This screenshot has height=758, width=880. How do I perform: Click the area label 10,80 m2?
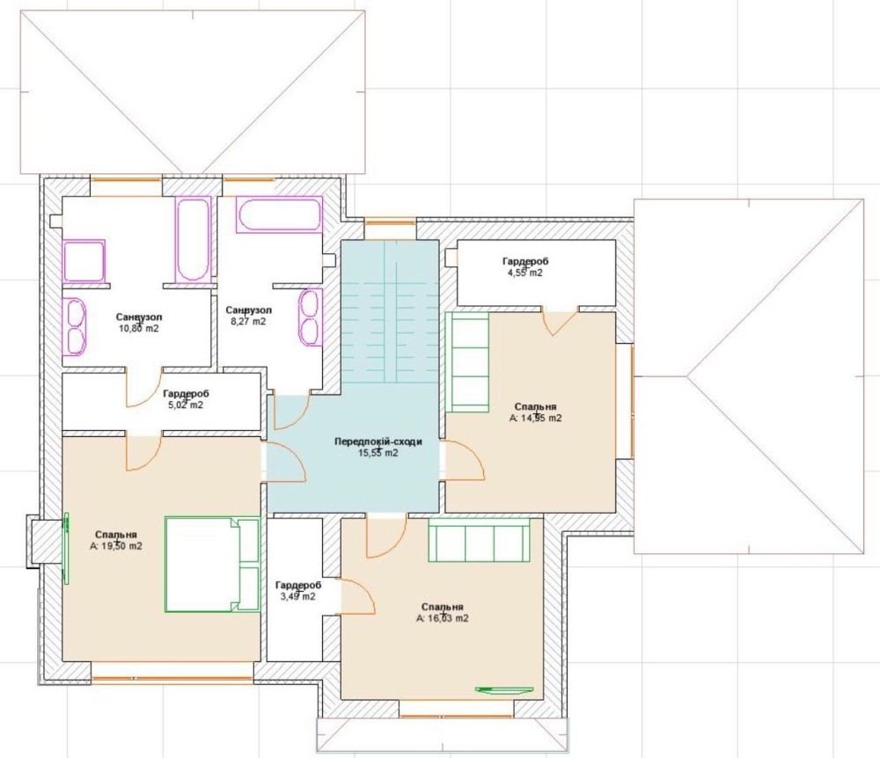coord(139,329)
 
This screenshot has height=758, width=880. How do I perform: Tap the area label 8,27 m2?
coord(248,322)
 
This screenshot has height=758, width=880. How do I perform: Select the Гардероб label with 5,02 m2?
coord(186,394)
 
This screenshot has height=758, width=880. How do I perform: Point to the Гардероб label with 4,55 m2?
coord(525,261)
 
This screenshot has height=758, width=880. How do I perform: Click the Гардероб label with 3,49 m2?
coord(298,586)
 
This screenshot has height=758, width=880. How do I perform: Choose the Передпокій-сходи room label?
coord(378,441)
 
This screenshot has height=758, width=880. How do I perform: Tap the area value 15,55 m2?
coord(378,453)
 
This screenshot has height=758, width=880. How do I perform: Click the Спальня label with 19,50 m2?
coord(115,535)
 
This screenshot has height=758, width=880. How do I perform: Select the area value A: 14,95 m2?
coord(535,419)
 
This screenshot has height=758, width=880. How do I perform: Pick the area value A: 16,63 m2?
coord(443,619)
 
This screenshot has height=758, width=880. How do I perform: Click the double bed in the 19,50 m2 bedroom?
coord(212,564)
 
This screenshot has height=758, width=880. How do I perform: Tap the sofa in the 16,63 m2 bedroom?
coord(479,539)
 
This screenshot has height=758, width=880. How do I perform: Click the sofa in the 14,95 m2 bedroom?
coord(467,362)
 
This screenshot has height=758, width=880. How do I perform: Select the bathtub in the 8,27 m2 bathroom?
coord(279,215)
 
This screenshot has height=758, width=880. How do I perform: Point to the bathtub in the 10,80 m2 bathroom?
coord(193,238)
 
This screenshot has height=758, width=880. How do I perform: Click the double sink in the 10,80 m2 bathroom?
coord(74,327)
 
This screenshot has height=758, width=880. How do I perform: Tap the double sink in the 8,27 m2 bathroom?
coord(311,317)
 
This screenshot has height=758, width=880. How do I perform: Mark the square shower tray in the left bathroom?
coord(84,260)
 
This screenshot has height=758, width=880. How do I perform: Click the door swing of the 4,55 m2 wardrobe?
coord(560,322)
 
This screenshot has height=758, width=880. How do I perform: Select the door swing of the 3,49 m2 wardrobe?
coord(357,596)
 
